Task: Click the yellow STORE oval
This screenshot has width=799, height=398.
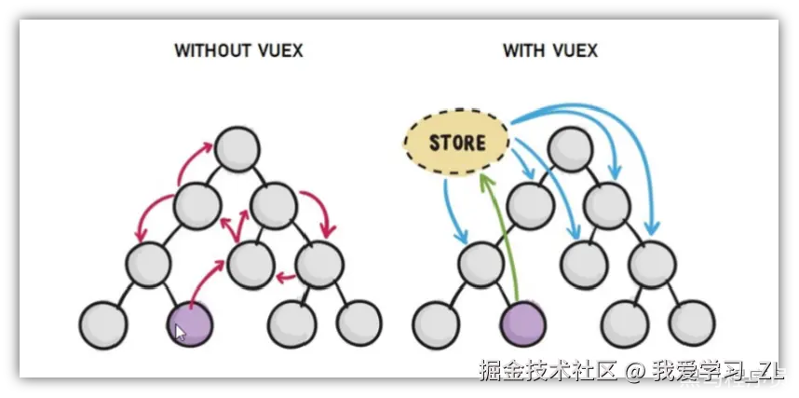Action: pos(457,143)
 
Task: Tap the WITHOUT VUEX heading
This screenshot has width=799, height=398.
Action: pos(238,50)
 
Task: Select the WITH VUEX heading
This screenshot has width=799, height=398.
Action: pos(550,50)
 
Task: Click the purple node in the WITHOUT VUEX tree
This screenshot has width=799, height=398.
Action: pos(190,323)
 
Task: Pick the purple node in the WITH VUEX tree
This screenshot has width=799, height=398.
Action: pos(522,323)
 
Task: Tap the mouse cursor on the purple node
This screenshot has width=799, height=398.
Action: pos(181,333)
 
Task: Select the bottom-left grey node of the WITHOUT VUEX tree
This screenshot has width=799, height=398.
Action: pos(102,323)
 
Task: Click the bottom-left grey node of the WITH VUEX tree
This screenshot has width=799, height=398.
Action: pos(435,323)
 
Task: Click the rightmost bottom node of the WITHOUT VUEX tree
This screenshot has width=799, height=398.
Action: pos(359,323)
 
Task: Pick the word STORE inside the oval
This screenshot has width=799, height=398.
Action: pos(457,143)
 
